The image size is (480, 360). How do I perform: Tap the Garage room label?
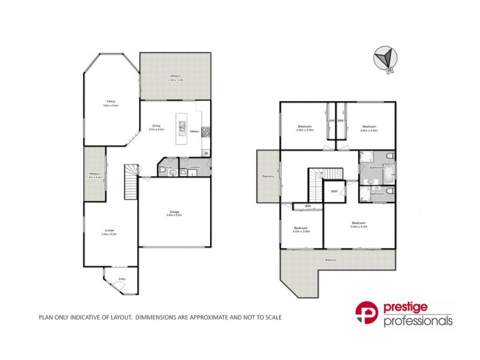tap(175, 212)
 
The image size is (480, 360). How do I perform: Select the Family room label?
tap(111, 101)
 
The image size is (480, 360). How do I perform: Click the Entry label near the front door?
tap(122, 279)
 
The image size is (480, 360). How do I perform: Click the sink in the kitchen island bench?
tap(179, 127)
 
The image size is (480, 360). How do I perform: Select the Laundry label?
tap(194, 167)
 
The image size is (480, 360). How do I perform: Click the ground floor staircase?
tap(131, 183)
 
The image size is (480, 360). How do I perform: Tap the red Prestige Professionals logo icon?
tap(365, 314)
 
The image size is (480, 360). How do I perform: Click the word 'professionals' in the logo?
tap(418, 322)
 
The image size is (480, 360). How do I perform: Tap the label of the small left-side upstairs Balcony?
tap(268, 176)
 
